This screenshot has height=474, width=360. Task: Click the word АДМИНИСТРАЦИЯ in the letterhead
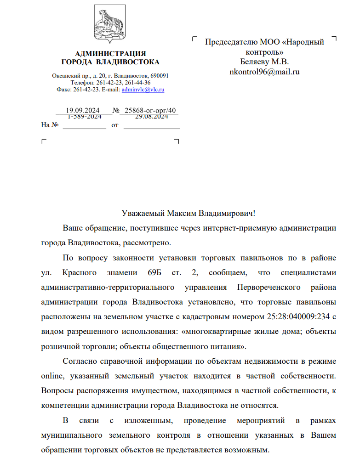110,54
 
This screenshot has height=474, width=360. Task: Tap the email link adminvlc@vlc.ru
143,90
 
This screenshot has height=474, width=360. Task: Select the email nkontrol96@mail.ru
264,72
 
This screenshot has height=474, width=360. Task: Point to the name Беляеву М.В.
264,62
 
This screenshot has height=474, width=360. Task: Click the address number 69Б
156,272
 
